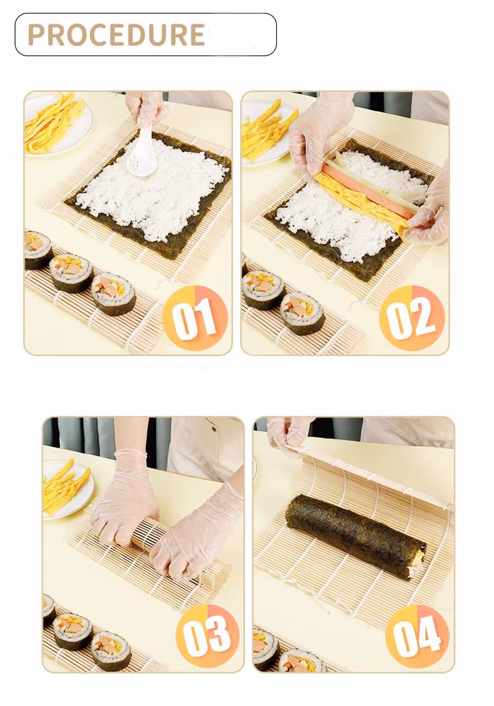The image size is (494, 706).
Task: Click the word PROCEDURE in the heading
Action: tap(116, 35)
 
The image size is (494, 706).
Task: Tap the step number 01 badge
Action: tap(194, 318)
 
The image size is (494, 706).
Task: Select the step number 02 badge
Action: tap(412, 318)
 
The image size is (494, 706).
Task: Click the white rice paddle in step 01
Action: tap(141, 151)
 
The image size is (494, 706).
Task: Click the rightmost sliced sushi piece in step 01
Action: tap(114, 293)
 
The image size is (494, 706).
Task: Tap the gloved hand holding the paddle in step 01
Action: tap(143, 111)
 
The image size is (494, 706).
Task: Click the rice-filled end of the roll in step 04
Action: tap(418, 563)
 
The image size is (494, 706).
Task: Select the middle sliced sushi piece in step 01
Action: tap(71, 273)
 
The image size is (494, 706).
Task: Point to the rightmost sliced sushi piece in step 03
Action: tap(111, 650)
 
